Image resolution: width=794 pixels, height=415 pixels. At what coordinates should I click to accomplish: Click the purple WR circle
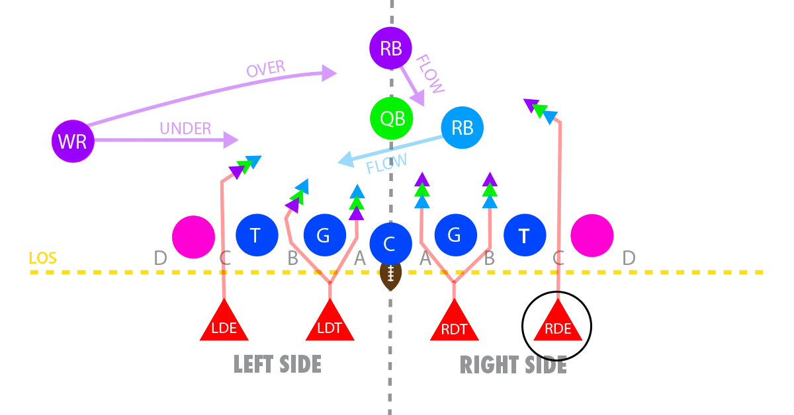[73, 141]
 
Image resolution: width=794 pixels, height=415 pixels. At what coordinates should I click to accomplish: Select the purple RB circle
[391, 48]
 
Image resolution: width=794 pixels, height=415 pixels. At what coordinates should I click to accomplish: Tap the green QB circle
[391, 119]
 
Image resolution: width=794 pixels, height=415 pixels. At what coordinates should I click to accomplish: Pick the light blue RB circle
[463, 128]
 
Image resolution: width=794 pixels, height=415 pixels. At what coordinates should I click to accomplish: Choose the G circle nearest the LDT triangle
[324, 235]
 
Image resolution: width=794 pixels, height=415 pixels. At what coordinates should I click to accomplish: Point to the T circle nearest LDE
[256, 235]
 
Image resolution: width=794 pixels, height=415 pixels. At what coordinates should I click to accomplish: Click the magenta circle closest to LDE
[193, 236]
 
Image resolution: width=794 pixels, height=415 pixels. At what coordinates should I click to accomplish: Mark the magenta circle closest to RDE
[592, 235]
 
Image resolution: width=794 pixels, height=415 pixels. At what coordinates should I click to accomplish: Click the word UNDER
[185, 130]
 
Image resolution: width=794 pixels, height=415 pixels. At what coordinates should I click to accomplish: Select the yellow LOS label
[42, 257]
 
